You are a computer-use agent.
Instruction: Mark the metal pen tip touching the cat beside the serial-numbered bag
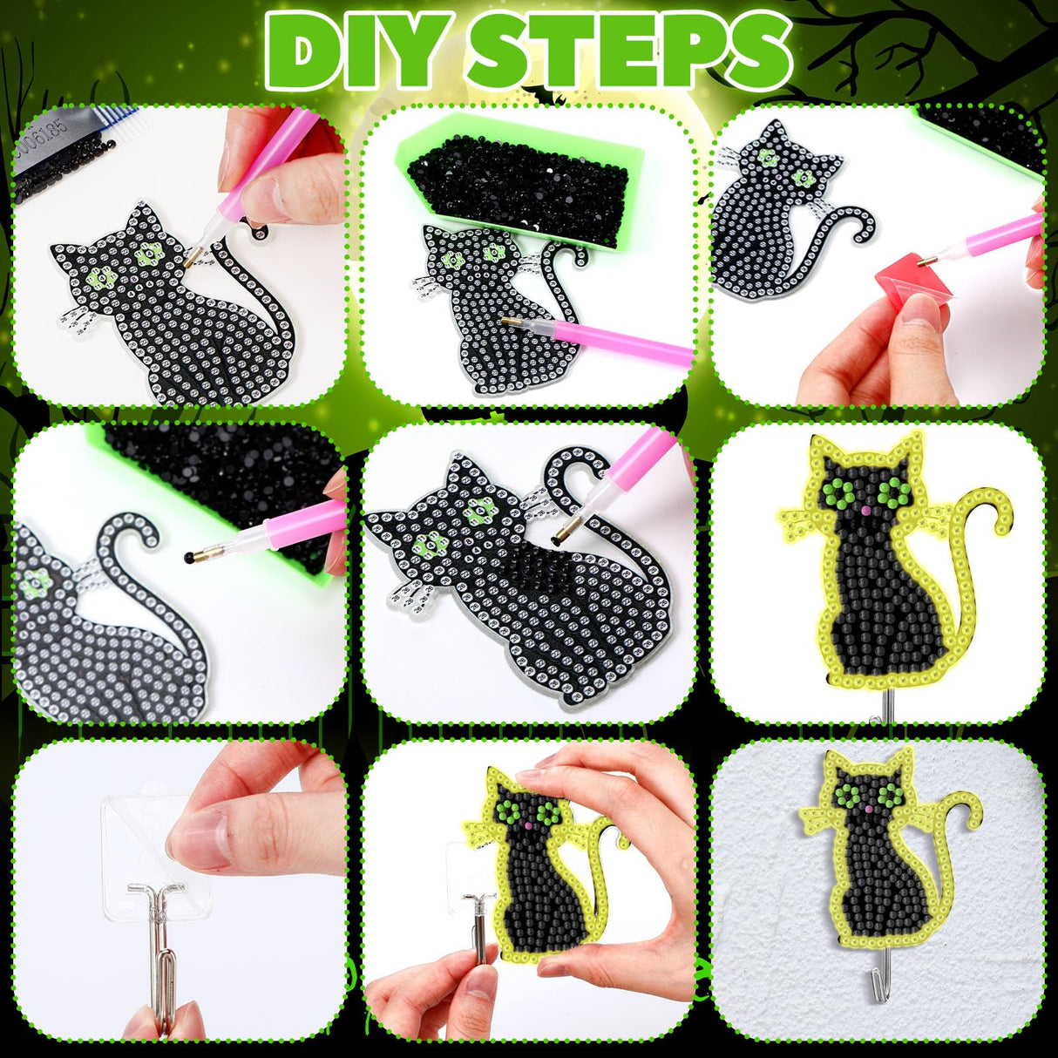click(x=193, y=256)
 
